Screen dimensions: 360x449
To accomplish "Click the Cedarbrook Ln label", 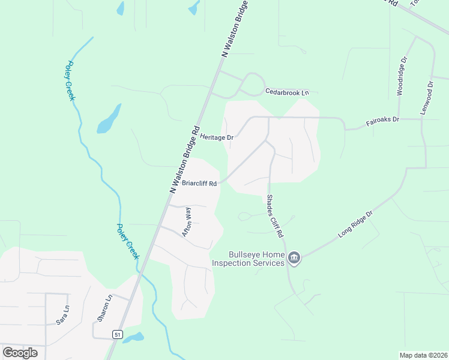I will [287, 92].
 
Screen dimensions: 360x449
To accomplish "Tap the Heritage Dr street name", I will [217, 137].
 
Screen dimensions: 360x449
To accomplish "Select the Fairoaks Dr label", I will [383, 121].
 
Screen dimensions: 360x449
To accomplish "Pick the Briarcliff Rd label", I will [199, 184].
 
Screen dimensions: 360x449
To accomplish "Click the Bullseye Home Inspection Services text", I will [248, 259].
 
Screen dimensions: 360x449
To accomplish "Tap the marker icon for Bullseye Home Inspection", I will [294, 259].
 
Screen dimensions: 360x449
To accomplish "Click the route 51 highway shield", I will [117, 334].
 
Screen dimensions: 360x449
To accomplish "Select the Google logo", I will [20, 353].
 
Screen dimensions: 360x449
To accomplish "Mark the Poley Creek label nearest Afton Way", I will [128, 241].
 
